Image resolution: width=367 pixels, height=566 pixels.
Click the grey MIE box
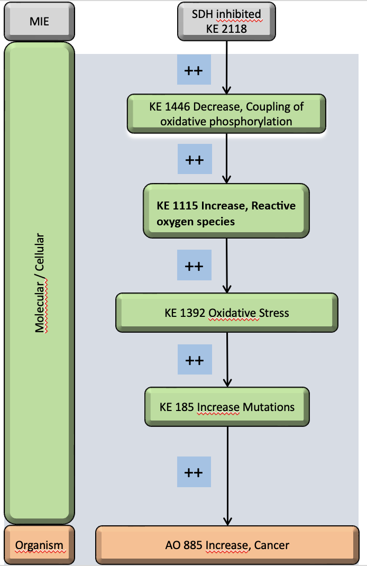coord(39,22)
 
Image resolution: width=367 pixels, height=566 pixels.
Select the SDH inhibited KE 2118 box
coord(226,21)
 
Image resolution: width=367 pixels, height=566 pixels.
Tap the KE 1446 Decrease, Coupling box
coord(226,114)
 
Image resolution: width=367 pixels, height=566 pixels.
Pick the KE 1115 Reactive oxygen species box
coord(226,213)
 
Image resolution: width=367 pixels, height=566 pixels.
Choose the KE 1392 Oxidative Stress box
coord(226,313)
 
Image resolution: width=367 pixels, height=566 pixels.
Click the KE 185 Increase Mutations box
coord(227,407)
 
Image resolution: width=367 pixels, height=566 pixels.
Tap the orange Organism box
coord(39,545)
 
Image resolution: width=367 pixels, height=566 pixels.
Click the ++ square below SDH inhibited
coord(194,70)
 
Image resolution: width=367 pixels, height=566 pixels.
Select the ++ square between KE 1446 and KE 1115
coord(194,159)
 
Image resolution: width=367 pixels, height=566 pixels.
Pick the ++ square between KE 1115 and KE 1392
coord(194,265)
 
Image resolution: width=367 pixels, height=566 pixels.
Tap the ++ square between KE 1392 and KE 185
coord(194,360)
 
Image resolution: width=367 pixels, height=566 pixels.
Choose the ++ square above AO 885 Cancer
coord(194,471)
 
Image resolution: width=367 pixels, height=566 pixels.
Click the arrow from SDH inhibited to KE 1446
coord(227,66)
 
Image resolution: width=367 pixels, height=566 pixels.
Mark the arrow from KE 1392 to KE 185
coord(227,360)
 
